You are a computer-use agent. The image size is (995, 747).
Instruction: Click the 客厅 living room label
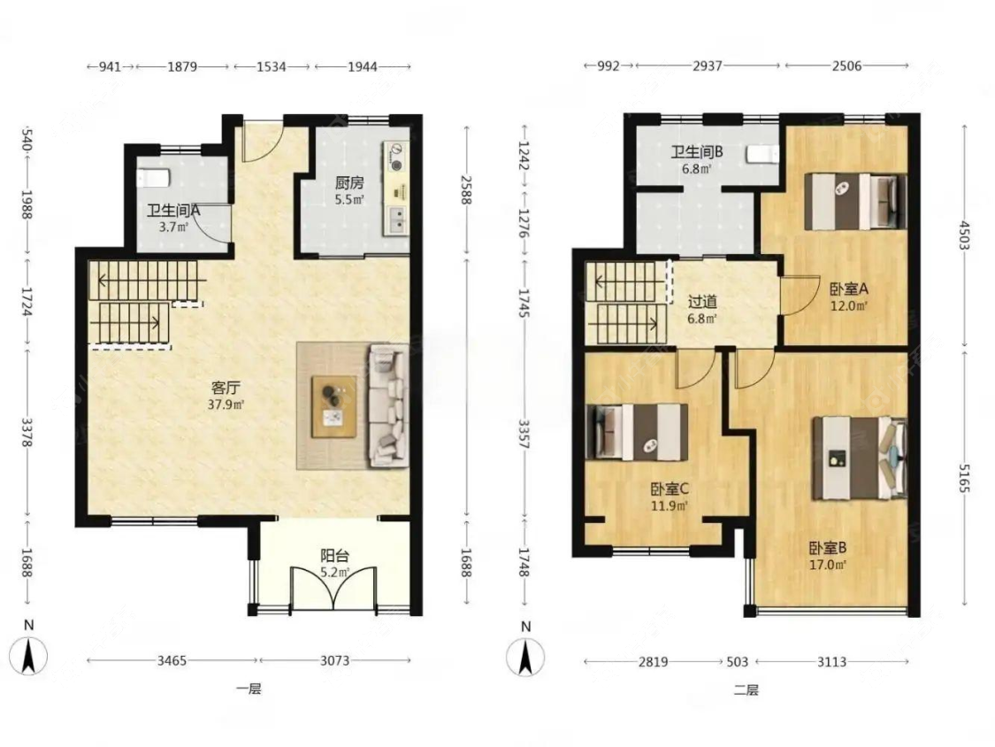pos(226,389)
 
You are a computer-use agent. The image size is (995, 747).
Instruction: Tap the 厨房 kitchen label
pos(349,183)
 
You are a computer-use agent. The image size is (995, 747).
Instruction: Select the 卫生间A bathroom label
pos(173,211)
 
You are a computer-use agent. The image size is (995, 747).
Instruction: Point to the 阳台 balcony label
pos(334,557)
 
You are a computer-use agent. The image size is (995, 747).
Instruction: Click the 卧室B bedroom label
pos(828,548)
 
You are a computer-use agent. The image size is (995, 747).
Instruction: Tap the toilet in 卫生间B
pos(762,154)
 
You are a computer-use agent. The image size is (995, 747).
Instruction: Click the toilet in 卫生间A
pos(153,178)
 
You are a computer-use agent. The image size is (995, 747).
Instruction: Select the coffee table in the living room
pos(333,406)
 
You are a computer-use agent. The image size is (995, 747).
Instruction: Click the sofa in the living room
pos(387,406)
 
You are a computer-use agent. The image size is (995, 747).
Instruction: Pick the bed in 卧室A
pos(854,202)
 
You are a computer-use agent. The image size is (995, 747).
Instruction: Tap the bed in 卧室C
pos(641,432)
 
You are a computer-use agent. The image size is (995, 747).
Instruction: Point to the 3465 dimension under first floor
pos(172,660)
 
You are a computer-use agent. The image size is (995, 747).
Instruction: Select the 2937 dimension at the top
pos(707,65)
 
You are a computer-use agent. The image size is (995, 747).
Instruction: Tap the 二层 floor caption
pos(746,689)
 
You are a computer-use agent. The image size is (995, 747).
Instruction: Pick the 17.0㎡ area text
pos(828,564)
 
